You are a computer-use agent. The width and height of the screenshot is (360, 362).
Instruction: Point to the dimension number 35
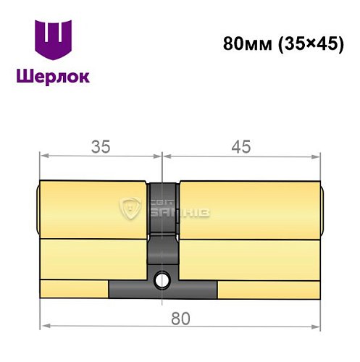click(100, 147)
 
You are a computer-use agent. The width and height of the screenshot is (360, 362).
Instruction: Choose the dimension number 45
click(240, 147)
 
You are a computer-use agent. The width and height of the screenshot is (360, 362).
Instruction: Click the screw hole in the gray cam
click(164, 278)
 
